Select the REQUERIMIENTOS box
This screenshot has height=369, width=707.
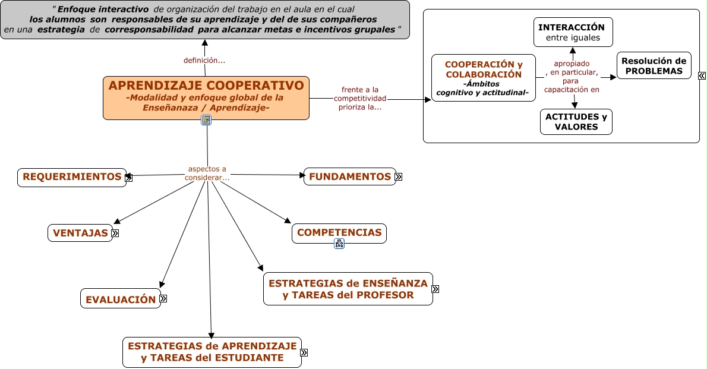tap(71, 177)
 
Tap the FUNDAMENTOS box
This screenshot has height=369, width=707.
tap(349, 176)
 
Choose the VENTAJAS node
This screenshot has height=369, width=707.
tap(80, 233)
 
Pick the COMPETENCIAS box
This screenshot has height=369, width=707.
tap(339, 233)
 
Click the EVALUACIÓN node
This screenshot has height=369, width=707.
tap(120, 299)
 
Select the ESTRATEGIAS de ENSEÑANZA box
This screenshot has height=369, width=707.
tap(348, 289)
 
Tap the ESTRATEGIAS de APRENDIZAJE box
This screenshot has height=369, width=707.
tap(212, 352)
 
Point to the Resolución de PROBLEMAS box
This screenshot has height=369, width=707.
tap(654, 66)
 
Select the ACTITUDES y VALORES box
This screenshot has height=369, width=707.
tap(576, 122)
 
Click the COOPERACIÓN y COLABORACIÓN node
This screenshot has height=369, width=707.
tap(483, 78)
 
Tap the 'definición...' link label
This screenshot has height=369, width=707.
tap(204, 60)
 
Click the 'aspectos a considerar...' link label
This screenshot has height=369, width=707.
tap(207, 173)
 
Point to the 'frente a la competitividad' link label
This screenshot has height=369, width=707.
tap(360, 99)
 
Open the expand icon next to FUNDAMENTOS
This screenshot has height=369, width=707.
tap(399, 176)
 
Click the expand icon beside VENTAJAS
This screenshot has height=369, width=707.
tap(115, 233)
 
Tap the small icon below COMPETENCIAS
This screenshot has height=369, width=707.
tap(339, 243)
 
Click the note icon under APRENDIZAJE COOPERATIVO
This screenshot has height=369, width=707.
tap(206, 120)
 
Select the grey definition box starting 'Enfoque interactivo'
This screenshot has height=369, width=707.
tap(204, 20)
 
